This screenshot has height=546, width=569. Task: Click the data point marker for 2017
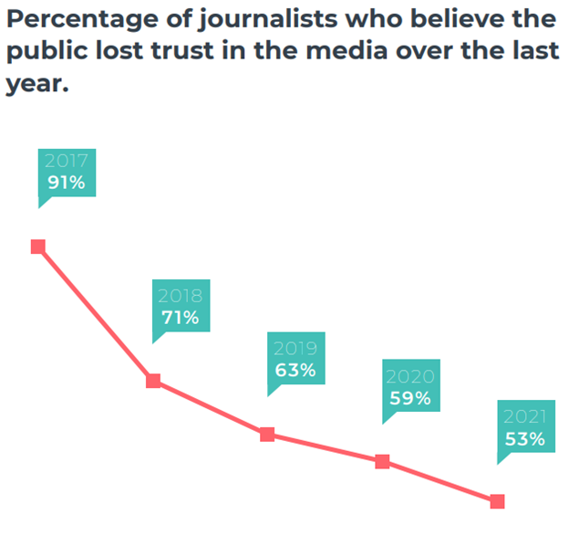pyautogui.click(x=38, y=247)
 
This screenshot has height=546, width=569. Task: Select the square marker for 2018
pyautogui.click(x=153, y=381)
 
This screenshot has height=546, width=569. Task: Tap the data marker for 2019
pyautogui.click(x=267, y=435)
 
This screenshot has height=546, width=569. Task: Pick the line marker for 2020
pyautogui.click(x=383, y=462)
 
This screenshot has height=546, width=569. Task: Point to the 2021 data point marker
pyautogui.click(x=497, y=501)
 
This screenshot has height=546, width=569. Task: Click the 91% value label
pyautogui.click(x=67, y=183)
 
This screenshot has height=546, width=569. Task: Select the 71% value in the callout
pyautogui.click(x=181, y=318)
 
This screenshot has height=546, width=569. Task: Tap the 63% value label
pyautogui.click(x=295, y=371)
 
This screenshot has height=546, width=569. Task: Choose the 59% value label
pyautogui.click(x=409, y=398)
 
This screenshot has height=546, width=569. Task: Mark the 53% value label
pyautogui.click(x=525, y=439)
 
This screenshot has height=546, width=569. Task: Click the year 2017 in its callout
pyautogui.click(x=67, y=162)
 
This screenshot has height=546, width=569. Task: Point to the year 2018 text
pyautogui.click(x=181, y=296)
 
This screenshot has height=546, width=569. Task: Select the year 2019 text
pyautogui.click(x=295, y=349)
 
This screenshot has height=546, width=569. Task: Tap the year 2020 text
pyautogui.click(x=409, y=376)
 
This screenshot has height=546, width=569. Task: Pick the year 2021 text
pyautogui.click(x=525, y=417)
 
